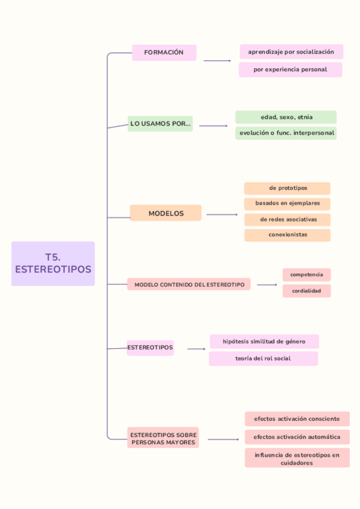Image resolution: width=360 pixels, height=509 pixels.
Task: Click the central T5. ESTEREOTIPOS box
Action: (53, 264)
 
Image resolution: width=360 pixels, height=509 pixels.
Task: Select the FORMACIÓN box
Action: (164, 53)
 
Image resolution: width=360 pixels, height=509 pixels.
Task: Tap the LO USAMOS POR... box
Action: (160, 124)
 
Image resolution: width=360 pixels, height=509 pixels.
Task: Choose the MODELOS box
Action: (166, 213)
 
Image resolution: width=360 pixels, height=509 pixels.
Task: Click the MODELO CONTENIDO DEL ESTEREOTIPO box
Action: (189, 285)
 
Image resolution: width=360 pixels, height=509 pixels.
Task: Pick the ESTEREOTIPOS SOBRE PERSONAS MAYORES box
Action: (163, 438)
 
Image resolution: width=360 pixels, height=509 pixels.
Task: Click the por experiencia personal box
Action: (290, 70)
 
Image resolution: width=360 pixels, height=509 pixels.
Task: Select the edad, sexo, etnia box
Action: (286, 117)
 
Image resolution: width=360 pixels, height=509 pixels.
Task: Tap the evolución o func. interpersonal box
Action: (286, 133)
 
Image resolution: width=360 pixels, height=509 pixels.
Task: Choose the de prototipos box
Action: (287, 188)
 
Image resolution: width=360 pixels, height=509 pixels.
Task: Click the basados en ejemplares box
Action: (287, 203)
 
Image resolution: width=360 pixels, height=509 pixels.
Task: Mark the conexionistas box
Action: (287, 235)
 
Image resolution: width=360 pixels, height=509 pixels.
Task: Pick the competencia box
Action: (307, 275)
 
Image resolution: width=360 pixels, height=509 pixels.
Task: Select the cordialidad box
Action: (307, 291)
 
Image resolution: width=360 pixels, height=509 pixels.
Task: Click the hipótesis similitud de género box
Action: (264, 342)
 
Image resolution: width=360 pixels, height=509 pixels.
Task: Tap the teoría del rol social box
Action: (263, 358)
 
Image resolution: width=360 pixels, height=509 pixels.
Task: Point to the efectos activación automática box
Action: (296, 437)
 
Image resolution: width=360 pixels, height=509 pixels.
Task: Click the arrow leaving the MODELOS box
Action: (222, 214)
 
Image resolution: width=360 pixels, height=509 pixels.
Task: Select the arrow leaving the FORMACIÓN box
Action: (217, 61)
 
